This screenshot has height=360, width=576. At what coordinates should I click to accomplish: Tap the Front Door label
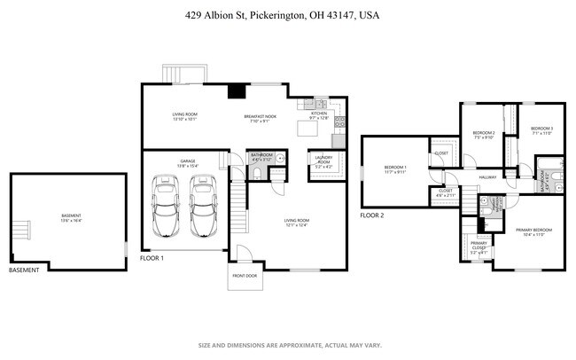pos(245,276)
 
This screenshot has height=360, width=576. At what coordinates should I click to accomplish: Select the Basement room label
pos(71,215)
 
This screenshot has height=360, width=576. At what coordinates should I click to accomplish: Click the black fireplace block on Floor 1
pos(236,90)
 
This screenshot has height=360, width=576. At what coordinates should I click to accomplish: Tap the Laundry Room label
pos(324,160)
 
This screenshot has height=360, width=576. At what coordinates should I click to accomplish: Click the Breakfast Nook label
pos(260,115)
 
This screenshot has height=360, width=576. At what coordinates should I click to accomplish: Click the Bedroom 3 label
pos(541,129)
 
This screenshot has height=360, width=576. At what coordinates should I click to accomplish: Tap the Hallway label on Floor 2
pos(488,177)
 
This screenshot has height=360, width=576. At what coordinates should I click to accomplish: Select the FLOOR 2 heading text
pos(373,215)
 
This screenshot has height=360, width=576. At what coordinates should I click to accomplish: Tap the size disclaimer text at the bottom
pos(289,345)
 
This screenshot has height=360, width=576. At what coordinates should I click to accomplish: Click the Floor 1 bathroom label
pos(261,158)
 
